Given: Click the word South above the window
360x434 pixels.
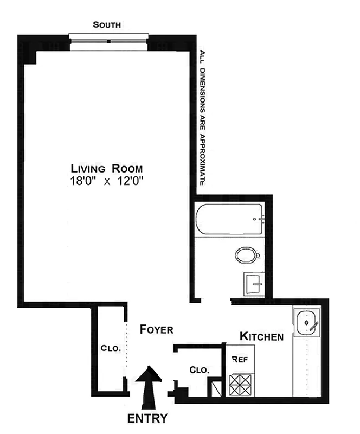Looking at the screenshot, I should pyautogui.click(x=106, y=24).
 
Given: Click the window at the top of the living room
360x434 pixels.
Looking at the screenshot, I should pyautogui.click(x=108, y=41).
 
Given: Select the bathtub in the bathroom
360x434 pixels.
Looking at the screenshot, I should pyautogui.click(x=230, y=220).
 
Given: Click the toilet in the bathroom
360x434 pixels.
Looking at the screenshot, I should pyautogui.click(x=247, y=254).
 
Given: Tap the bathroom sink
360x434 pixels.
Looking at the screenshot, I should pyautogui.click(x=252, y=283).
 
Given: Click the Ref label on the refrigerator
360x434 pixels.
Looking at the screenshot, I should pyautogui.click(x=239, y=359).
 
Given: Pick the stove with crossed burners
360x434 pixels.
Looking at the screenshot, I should pyautogui.click(x=241, y=384).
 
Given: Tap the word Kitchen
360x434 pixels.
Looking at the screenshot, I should pyautogui.click(x=261, y=337).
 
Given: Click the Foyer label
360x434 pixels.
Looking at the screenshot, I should pyautogui.click(x=156, y=329).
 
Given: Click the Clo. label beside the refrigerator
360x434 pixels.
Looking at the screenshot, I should pyautogui.click(x=200, y=370).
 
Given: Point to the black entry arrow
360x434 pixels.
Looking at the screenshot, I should pyautogui.click(x=148, y=386).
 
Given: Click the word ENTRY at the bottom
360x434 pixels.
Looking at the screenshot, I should pyautogui.click(x=147, y=418).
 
